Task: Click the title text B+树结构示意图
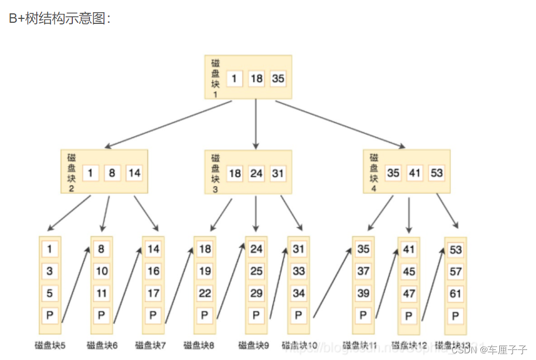60,18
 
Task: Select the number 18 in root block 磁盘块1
256,78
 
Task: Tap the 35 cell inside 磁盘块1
278,78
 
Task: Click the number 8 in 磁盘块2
112,173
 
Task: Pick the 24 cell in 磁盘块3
256,173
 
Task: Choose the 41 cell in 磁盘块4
415,173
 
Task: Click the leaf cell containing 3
50,271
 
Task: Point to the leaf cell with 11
102,293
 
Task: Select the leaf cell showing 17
153,293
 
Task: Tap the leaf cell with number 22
205,293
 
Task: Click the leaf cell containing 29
256,293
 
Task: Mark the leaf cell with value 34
299,293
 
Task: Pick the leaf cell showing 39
363,293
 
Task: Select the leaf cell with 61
455,293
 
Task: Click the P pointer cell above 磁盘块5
50,316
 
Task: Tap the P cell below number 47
409,316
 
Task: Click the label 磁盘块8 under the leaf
199,346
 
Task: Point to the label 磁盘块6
102,346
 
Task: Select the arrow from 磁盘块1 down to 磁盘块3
256,123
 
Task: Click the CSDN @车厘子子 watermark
489,350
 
